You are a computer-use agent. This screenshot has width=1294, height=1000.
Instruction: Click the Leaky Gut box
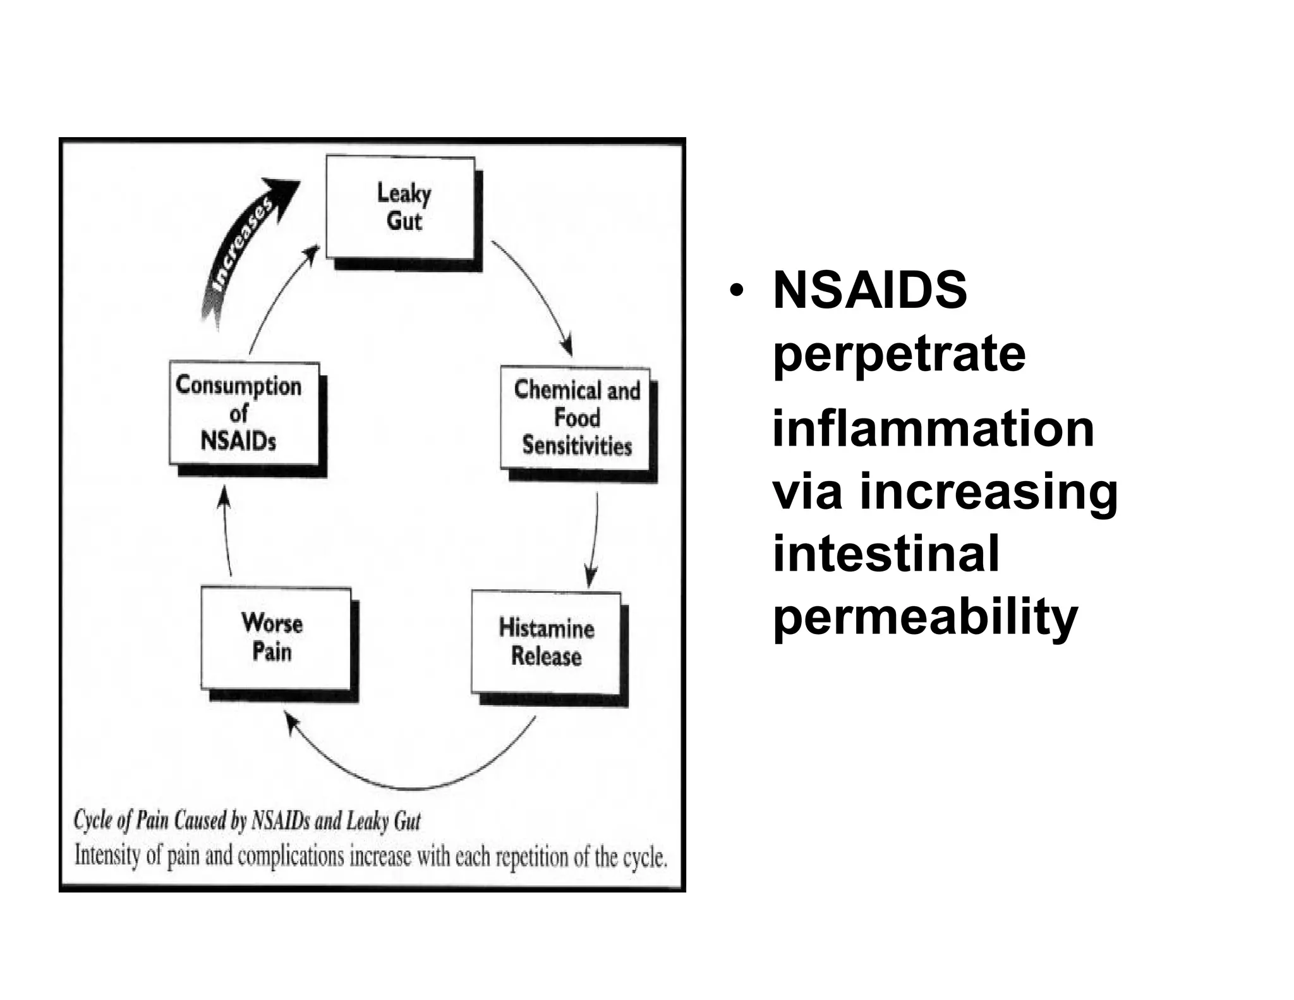pos(401,207)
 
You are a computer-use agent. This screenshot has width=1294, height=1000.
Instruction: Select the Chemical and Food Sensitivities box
pos(576,418)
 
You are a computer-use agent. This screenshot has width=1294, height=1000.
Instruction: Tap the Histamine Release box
pos(546,642)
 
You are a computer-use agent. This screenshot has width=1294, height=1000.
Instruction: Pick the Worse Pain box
pos(275,638)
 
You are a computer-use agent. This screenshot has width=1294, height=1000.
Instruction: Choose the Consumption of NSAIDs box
pos(244,413)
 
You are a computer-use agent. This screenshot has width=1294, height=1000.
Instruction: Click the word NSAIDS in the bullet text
pos(869,290)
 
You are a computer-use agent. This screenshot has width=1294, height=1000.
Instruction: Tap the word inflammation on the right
pos(933,429)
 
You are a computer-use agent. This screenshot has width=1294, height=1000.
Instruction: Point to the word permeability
pos(925,618)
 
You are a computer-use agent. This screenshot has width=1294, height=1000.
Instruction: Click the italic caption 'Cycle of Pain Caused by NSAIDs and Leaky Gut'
pos(247,820)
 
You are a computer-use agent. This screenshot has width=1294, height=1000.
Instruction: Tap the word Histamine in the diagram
pos(547,628)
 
